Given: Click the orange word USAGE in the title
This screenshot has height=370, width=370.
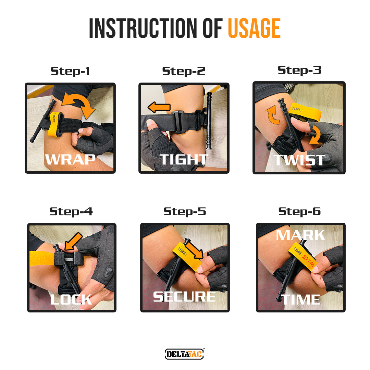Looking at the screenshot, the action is (x=254, y=28).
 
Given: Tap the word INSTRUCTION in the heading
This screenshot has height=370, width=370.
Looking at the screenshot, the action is (x=143, y=28).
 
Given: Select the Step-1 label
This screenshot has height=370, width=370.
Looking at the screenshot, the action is (x=70, y=71).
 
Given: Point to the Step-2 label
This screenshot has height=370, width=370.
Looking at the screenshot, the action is (x=184, y=71).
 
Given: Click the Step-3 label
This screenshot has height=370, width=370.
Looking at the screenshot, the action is (x=299, y=70).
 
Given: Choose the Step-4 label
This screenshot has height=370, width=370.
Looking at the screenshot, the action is (x=71, y=211).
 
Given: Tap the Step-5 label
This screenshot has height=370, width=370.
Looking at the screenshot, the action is (x=185, y=211).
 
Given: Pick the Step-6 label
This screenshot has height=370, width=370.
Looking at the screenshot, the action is (x=299, y=211).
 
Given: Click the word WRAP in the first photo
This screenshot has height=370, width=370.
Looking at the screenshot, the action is (x=70, y=160).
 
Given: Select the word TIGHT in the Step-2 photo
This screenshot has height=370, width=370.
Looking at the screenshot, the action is (x=183, y=160).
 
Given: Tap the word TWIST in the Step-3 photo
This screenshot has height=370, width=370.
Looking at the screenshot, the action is (x=299, y=160).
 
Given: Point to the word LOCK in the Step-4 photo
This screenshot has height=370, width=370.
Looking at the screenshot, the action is (x=71, y=299).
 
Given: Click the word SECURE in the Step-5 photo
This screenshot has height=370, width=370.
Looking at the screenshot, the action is (x=184, y=297).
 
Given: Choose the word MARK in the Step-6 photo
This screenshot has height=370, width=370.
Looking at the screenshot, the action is (x=300, y=235).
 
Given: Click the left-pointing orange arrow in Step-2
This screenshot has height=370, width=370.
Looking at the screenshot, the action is (x=159, y=107).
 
